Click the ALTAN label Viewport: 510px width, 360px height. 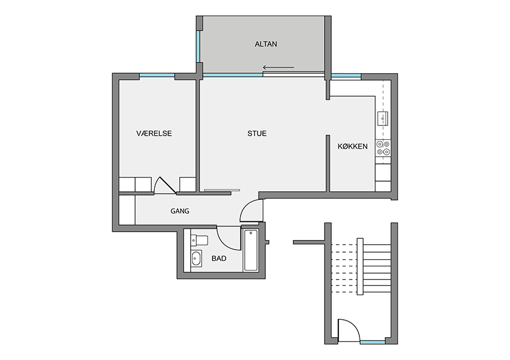266,44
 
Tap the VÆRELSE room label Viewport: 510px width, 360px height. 154,133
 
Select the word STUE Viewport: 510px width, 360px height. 257,133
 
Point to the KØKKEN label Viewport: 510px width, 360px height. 353,146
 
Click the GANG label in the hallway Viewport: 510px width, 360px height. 180,211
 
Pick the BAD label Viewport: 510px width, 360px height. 219,259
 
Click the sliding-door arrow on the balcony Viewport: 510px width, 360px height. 278,68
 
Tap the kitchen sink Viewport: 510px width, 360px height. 383,118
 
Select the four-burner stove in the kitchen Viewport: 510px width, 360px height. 383,148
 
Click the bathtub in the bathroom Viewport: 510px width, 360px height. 251,250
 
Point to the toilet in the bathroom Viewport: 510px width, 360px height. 199,241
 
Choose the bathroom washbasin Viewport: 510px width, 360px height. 196,259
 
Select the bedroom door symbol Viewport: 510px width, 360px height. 164,185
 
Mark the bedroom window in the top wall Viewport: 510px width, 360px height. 157,76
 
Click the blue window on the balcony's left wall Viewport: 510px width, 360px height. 198,47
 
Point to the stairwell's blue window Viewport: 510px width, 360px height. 373,342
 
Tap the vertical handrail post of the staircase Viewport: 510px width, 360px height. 360,266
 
